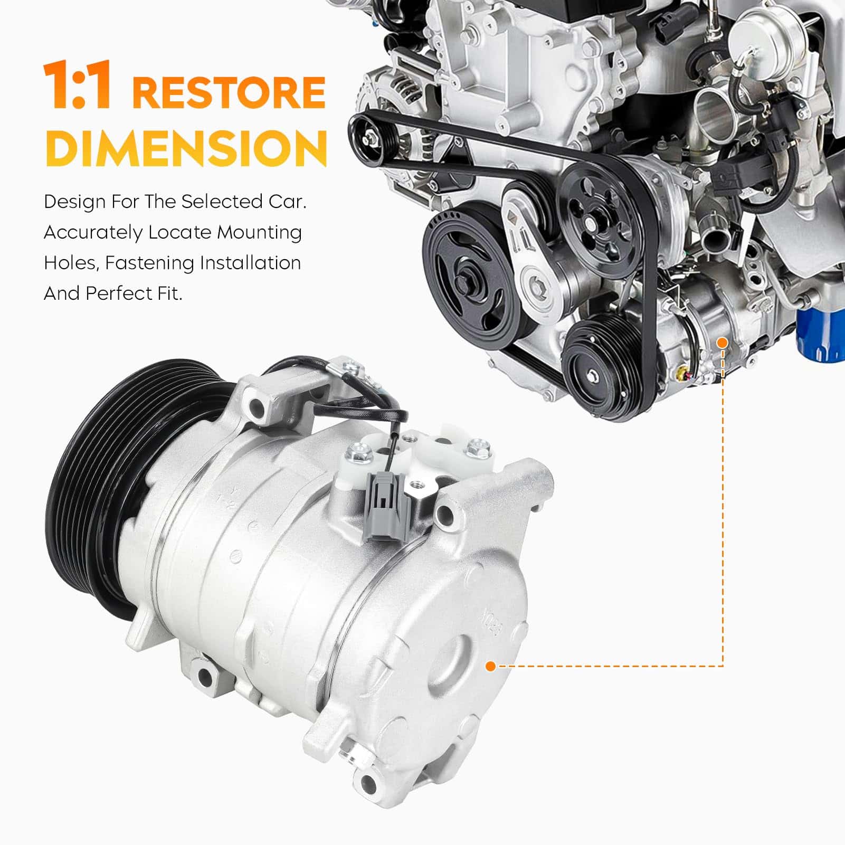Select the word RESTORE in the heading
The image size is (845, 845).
(229, 92)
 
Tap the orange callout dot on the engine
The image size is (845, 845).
(723, 343)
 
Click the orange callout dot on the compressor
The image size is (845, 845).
(490, 667)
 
